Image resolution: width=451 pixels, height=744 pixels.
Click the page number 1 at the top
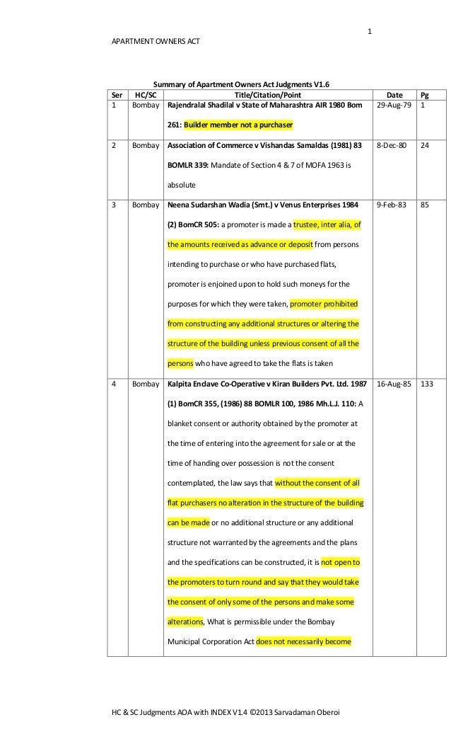[370, 30]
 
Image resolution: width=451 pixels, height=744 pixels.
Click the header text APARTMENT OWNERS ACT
[151, 42]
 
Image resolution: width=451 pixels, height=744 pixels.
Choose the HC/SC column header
[145, 95]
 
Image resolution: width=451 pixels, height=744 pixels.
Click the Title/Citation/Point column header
[268, 95]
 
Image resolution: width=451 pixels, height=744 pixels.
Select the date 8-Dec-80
[394, 146]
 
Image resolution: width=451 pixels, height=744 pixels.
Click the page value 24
[425, 146]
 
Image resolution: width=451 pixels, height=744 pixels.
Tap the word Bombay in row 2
[145, 146]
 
